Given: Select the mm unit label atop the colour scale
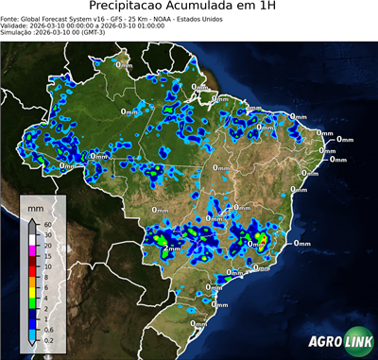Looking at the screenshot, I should (x=35, y=207).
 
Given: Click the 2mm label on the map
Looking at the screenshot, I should (x=173, y=248).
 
